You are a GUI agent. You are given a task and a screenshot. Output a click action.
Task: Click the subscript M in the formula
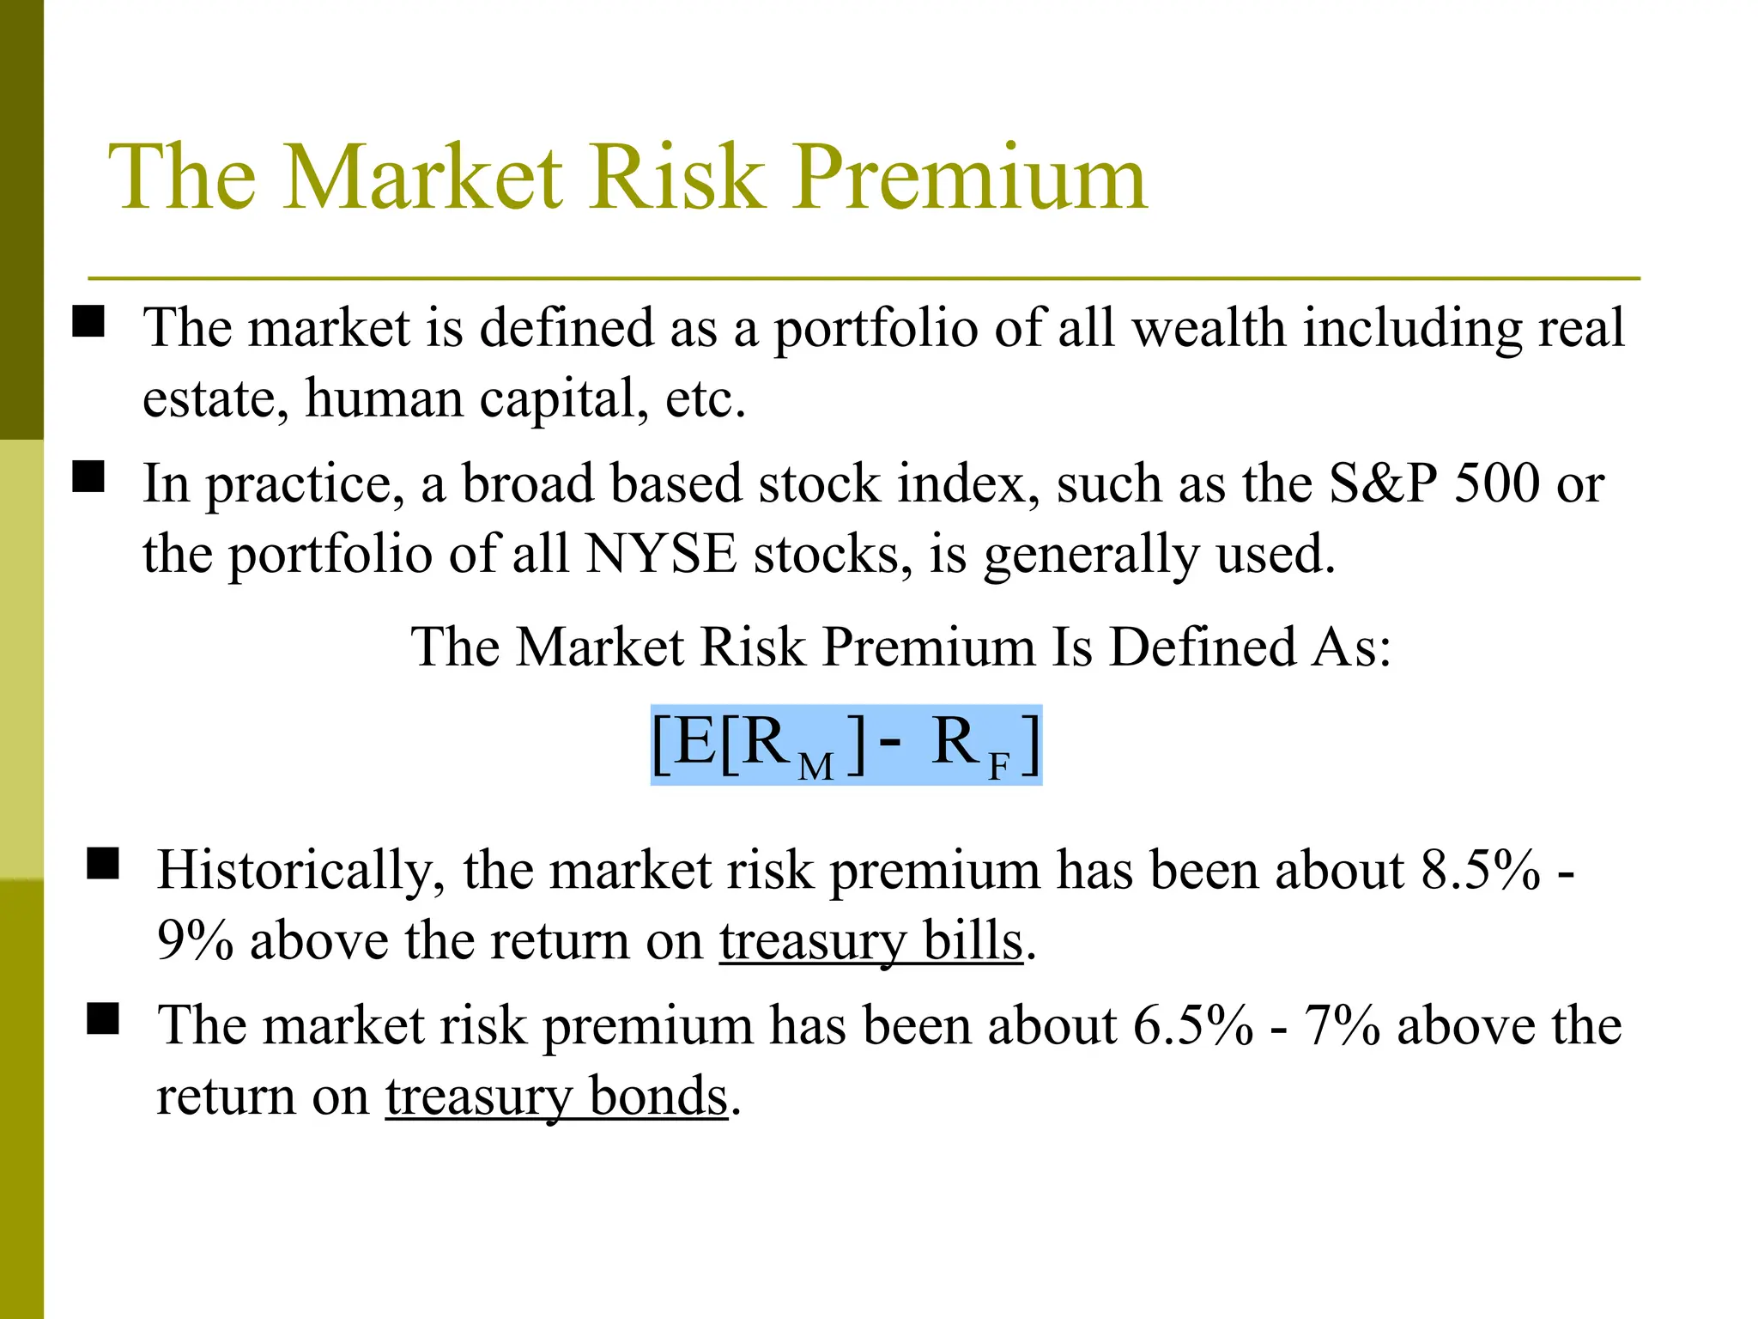click(x=815, y=767)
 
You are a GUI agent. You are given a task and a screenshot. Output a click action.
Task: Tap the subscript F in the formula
click(x=998, y=767)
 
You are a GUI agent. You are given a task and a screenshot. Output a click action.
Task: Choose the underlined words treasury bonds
click(x=556, y=1097)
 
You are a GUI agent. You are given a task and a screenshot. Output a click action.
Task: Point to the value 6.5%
click(x=1193, y=1026)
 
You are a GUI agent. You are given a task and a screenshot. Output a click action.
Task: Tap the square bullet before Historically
click(x=103, y=865)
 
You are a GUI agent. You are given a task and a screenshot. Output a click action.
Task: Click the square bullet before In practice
click(x=88, y=477)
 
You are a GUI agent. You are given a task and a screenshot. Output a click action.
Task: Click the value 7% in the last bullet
click(x=1342, y=1026)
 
